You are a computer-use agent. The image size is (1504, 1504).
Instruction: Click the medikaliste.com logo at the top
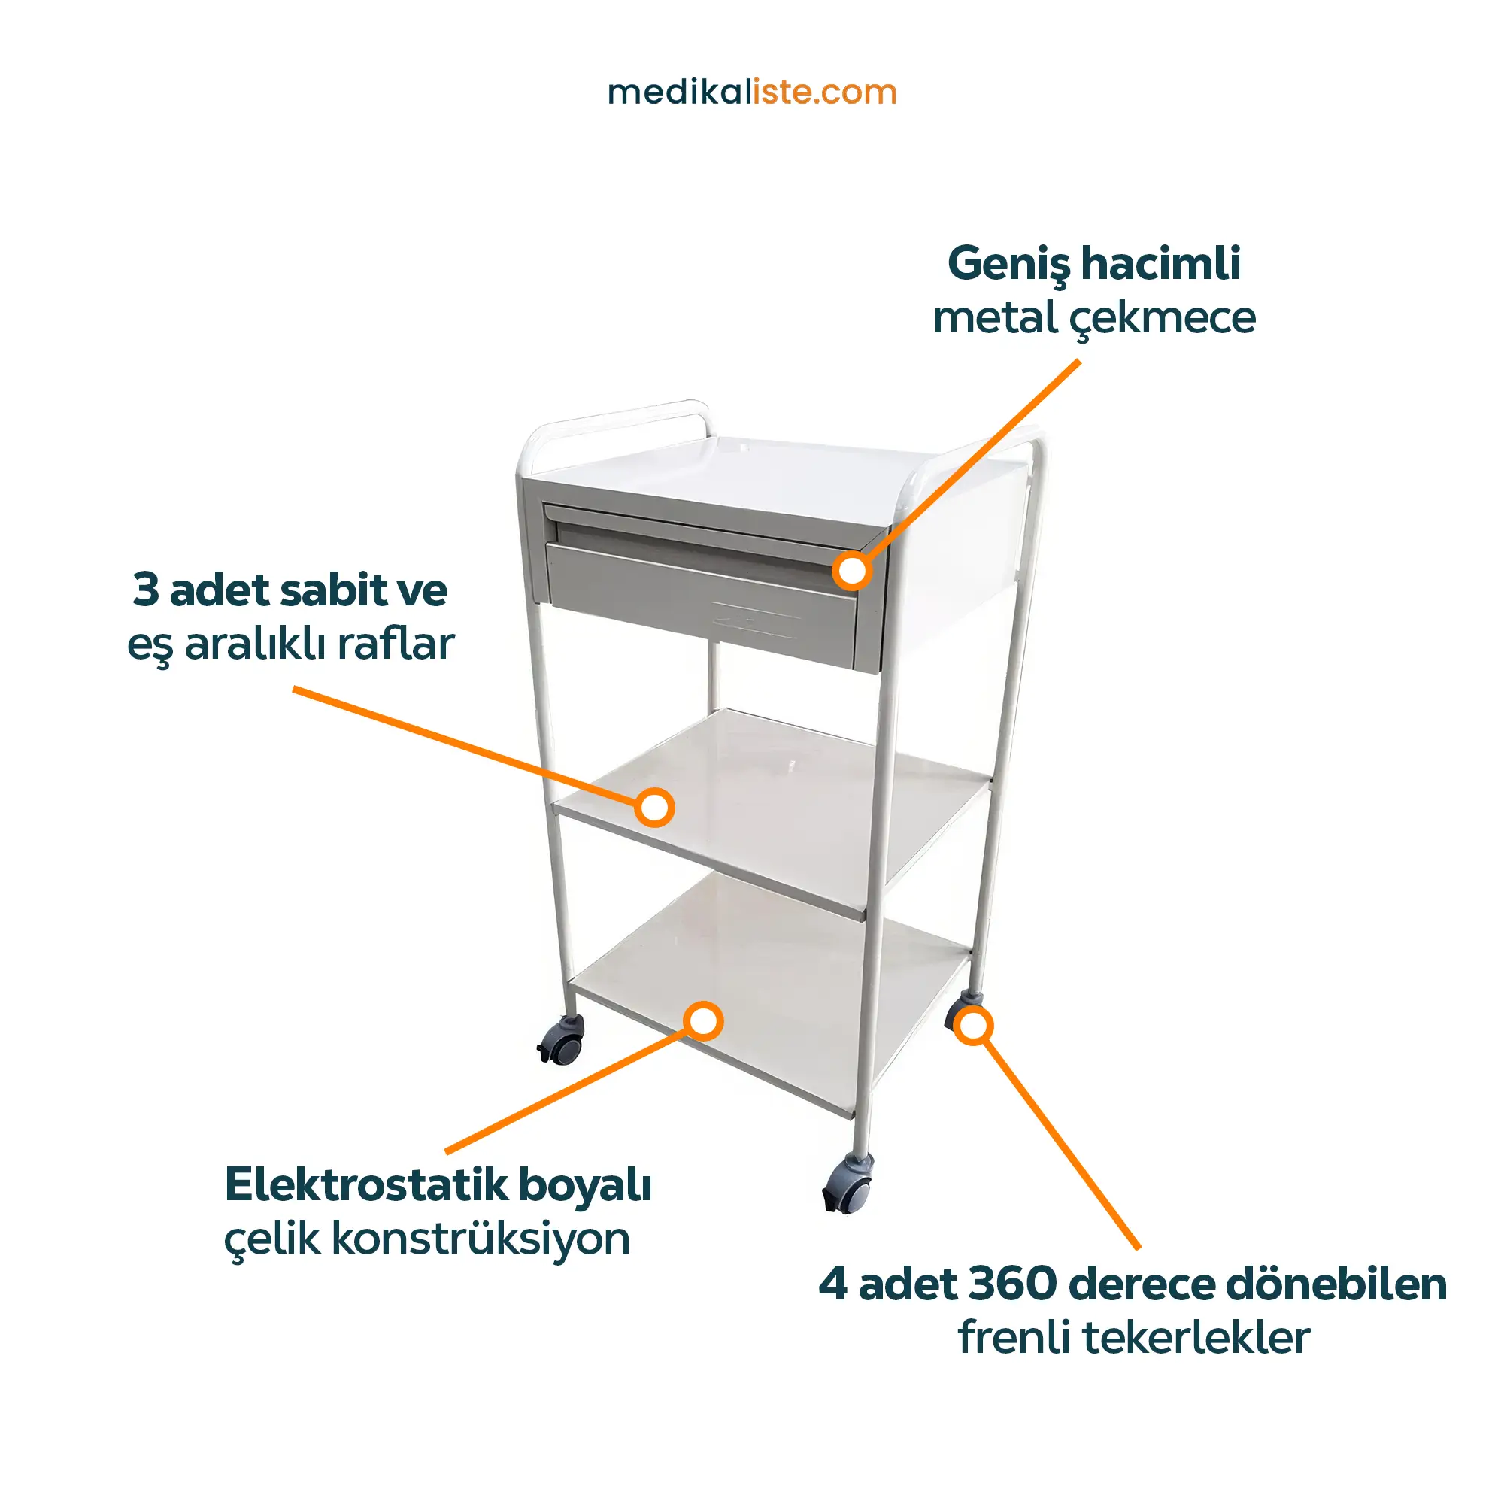coord(752,92)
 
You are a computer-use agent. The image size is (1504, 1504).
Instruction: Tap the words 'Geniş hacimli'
coord(1093,265)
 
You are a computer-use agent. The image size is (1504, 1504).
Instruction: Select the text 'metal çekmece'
coord(1093,318)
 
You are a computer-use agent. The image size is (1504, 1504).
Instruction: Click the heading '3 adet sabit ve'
coord(290,590)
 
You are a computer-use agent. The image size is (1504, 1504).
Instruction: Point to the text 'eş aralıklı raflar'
coord(290,644)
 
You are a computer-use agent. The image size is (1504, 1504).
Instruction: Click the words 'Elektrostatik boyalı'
coord(438,1187)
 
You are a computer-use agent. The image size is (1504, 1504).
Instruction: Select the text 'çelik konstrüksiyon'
coord(426,1239)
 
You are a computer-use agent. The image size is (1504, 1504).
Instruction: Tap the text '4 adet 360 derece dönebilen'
coord(1133,1284)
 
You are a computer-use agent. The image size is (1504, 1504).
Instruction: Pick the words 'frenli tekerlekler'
coord(1133,1339)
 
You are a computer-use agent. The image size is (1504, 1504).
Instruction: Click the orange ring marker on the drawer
coord(853,571)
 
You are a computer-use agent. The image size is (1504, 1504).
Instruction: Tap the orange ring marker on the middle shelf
coord(654,807)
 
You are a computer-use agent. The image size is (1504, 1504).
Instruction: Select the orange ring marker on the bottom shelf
coord(703,1021)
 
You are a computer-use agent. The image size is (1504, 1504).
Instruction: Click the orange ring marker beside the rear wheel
coord(973,1025)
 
